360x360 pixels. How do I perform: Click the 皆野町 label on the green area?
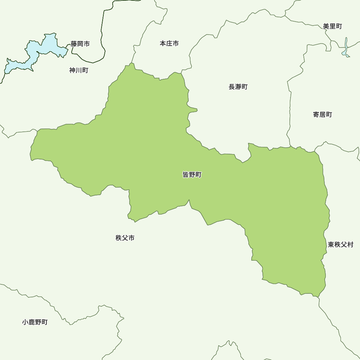pyautogui.click(x=192, y=175)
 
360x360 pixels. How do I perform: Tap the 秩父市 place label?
pyautogui.click(x=125, y=238)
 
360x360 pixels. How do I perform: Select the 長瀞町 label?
pyautogui.click(x=238, y=87)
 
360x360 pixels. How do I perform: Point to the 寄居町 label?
pyautogui.click(x=322, y=114)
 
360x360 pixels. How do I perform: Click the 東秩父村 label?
pyautogui.click(x=341, y=245)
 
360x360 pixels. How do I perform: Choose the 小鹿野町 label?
pyautogui.click(x=35, y=322)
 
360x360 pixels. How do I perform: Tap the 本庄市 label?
pyautogui.click(x=169, y=44)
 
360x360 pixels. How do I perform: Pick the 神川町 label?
pyautogui.click(x=78, y=70)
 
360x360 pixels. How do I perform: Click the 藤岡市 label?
pyautogui.click(x=80, y=44)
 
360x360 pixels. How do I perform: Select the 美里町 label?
pyautogui.click(x=332, y=26)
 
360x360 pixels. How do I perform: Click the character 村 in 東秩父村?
pyautogui.click(x=350, y=245)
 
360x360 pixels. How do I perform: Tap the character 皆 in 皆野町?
pyautogui.click(x=186, y=175)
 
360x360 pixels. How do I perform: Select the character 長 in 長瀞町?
pyautogui.click(x=232, y=87)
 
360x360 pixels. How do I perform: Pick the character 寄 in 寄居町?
pyautogui.click(x=316, y=114)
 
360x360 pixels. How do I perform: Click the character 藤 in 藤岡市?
pyautogui.click(x=74, y=44)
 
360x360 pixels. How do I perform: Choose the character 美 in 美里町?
pyautogui.click(x=326, y=26)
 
